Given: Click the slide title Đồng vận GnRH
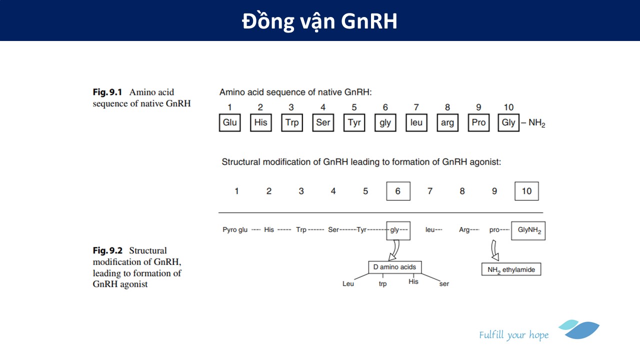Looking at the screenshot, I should pos(319,21).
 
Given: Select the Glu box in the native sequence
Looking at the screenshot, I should pos(229,122).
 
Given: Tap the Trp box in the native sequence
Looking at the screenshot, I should pos(292,122).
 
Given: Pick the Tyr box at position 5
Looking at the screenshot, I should pos(354,122).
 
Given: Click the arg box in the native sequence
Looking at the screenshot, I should pos(447,122).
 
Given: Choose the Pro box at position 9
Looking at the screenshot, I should pos(478,122).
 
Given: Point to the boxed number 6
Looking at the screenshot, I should pos(398,191).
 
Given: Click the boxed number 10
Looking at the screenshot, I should pos(526,191).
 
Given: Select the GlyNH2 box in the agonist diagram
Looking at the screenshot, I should pos(528,230).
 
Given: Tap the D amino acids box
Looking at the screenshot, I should pos(394,267).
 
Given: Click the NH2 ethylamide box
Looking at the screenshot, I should pos(511,269).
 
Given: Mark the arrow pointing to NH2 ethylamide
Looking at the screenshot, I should pos(495,250).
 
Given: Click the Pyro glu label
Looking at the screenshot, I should pos(235,230).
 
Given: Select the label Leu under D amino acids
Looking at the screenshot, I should pos(348,283).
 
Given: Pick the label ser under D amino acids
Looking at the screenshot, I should pos(444,283).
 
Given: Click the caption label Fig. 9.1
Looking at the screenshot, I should pos(107,92).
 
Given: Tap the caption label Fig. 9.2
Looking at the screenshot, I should pos(107,250).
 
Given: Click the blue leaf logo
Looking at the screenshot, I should pos(580,329).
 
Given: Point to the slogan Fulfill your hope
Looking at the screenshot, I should pos(513,335).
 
